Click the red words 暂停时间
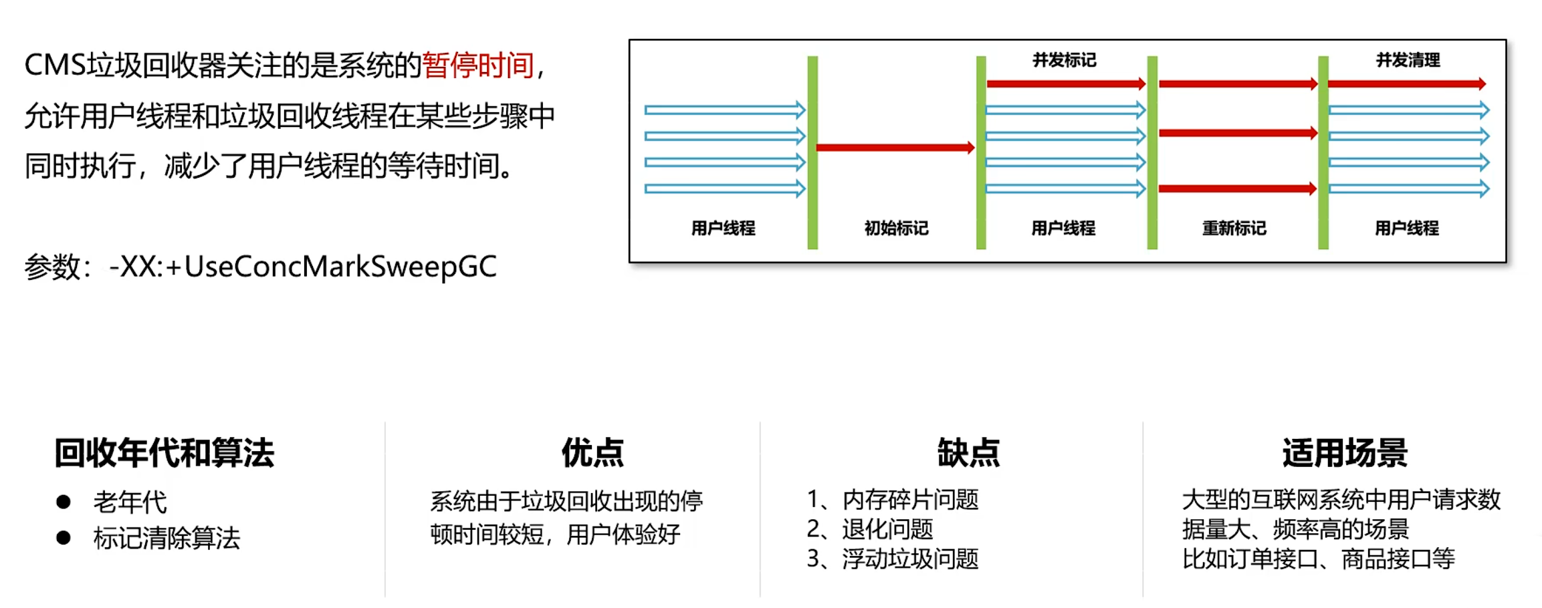(x=477, y=65)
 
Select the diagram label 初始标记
(x=896, y=229)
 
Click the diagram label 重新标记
(x=1234, y=229)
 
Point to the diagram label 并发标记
(x=1064, y=61)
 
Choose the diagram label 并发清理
(x=1408, y=61)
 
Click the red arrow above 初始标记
(x=895, y=148)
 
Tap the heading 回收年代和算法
(x=164, y=453)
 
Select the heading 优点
(x=592, y=453)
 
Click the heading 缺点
(x=968, y=453)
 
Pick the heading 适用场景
(x=1345, y=453)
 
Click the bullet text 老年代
(x=130, y=502)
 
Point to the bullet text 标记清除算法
(x=167, y=538)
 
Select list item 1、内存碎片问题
(x=893, y=500)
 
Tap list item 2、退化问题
(x=870, y=529)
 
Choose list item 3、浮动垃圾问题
(x=893, y=559)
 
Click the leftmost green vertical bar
(x=812, y=152)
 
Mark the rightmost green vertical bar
(x=1323, y=152)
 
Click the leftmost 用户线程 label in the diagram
(x=723, y=229)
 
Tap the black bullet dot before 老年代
(x=64, y=502)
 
